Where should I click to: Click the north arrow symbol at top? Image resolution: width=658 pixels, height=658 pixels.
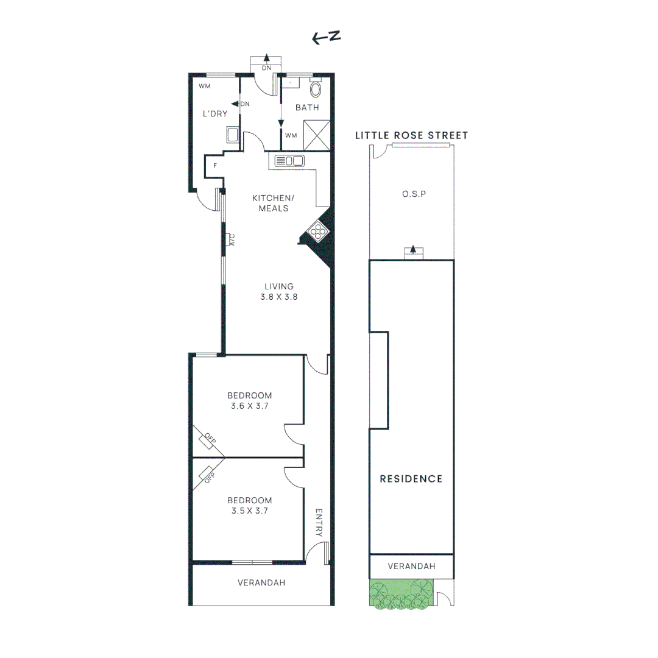326,38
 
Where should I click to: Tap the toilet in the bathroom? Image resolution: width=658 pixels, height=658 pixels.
316,90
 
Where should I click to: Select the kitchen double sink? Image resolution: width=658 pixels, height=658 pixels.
289,161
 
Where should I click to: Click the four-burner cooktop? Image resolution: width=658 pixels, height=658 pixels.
319,231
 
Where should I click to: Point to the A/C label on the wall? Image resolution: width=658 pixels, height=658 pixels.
232,239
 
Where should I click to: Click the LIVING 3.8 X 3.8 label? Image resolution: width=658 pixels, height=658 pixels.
279,292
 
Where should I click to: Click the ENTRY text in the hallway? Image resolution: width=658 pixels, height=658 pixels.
318,523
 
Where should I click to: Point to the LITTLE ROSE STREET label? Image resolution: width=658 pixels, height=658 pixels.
412,135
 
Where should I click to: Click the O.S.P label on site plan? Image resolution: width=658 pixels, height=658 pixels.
413,194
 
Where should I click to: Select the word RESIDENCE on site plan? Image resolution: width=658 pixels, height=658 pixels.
411,479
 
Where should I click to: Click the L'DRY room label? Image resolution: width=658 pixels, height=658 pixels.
214,113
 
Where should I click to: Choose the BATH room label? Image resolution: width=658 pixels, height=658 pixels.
307,108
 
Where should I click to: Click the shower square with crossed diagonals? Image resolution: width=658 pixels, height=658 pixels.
317,134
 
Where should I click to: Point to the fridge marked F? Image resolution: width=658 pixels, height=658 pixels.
215,165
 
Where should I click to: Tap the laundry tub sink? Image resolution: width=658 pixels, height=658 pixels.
232,135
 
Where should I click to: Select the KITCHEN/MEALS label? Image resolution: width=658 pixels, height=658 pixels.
273,203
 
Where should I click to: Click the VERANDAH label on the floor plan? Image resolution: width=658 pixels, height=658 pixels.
261,582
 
